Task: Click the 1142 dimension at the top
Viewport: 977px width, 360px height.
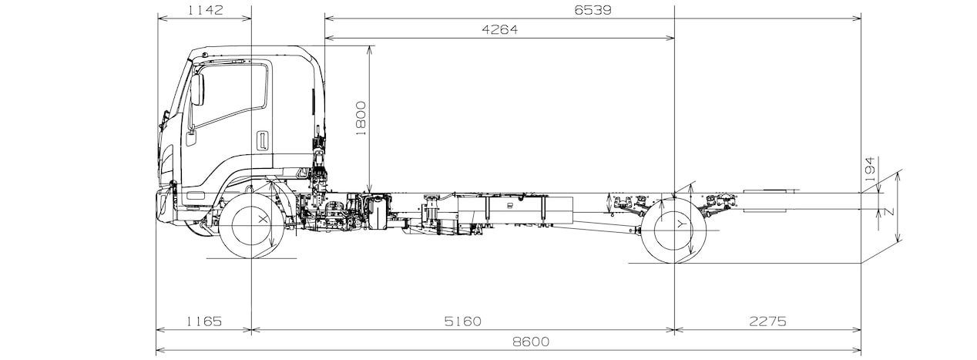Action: click(x=205, y=10)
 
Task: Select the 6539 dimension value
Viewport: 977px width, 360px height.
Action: click(x=593, y=10)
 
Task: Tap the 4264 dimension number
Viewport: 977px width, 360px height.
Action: click(x=500, y=29)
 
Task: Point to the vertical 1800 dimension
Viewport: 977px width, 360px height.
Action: click(x=361, y=118)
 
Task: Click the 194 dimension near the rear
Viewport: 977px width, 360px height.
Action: click(x=870, y=170)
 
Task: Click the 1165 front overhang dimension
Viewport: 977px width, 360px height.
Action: click(x=204, y=321)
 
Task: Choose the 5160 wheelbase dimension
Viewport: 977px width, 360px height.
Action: click(x=463, y=321)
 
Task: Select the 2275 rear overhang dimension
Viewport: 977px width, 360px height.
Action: click(x=767, y=321)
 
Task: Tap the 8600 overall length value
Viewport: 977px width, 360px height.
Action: click(x=531, y=341)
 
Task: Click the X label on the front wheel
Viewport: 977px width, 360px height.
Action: click(x=262, y=220)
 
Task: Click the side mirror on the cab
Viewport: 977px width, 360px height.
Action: click(x=197, y=89)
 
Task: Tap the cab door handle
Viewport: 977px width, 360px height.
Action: click(x=262, y=140)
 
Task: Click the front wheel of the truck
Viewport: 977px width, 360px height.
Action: click(x=252, y=226)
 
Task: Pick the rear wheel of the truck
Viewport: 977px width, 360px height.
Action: click(x=674, y=230)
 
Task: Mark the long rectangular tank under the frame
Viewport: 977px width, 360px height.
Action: click(x=515, y=210)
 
